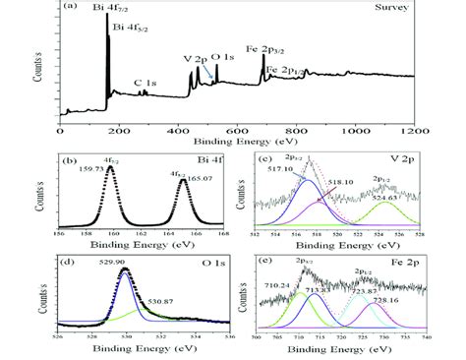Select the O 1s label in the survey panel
225,59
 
